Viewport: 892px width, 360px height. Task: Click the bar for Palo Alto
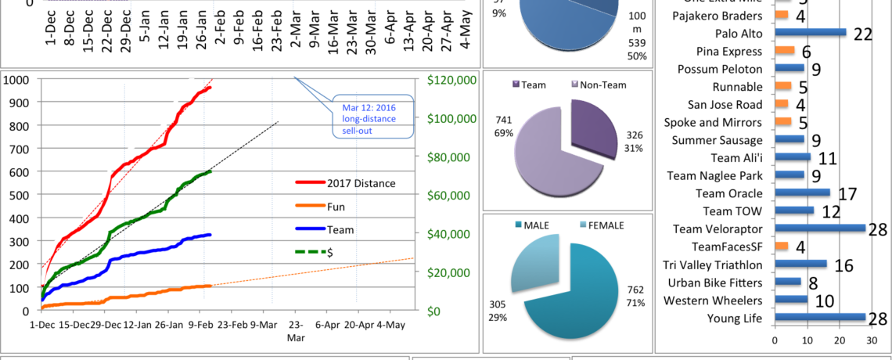tap(811, 33)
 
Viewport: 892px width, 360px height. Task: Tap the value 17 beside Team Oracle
tap(846, 193)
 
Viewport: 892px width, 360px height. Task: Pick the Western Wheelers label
tap(713, 300)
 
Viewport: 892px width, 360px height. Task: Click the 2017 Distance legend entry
tap(344, 183)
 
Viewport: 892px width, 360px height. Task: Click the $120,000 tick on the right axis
tap(449, 80)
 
